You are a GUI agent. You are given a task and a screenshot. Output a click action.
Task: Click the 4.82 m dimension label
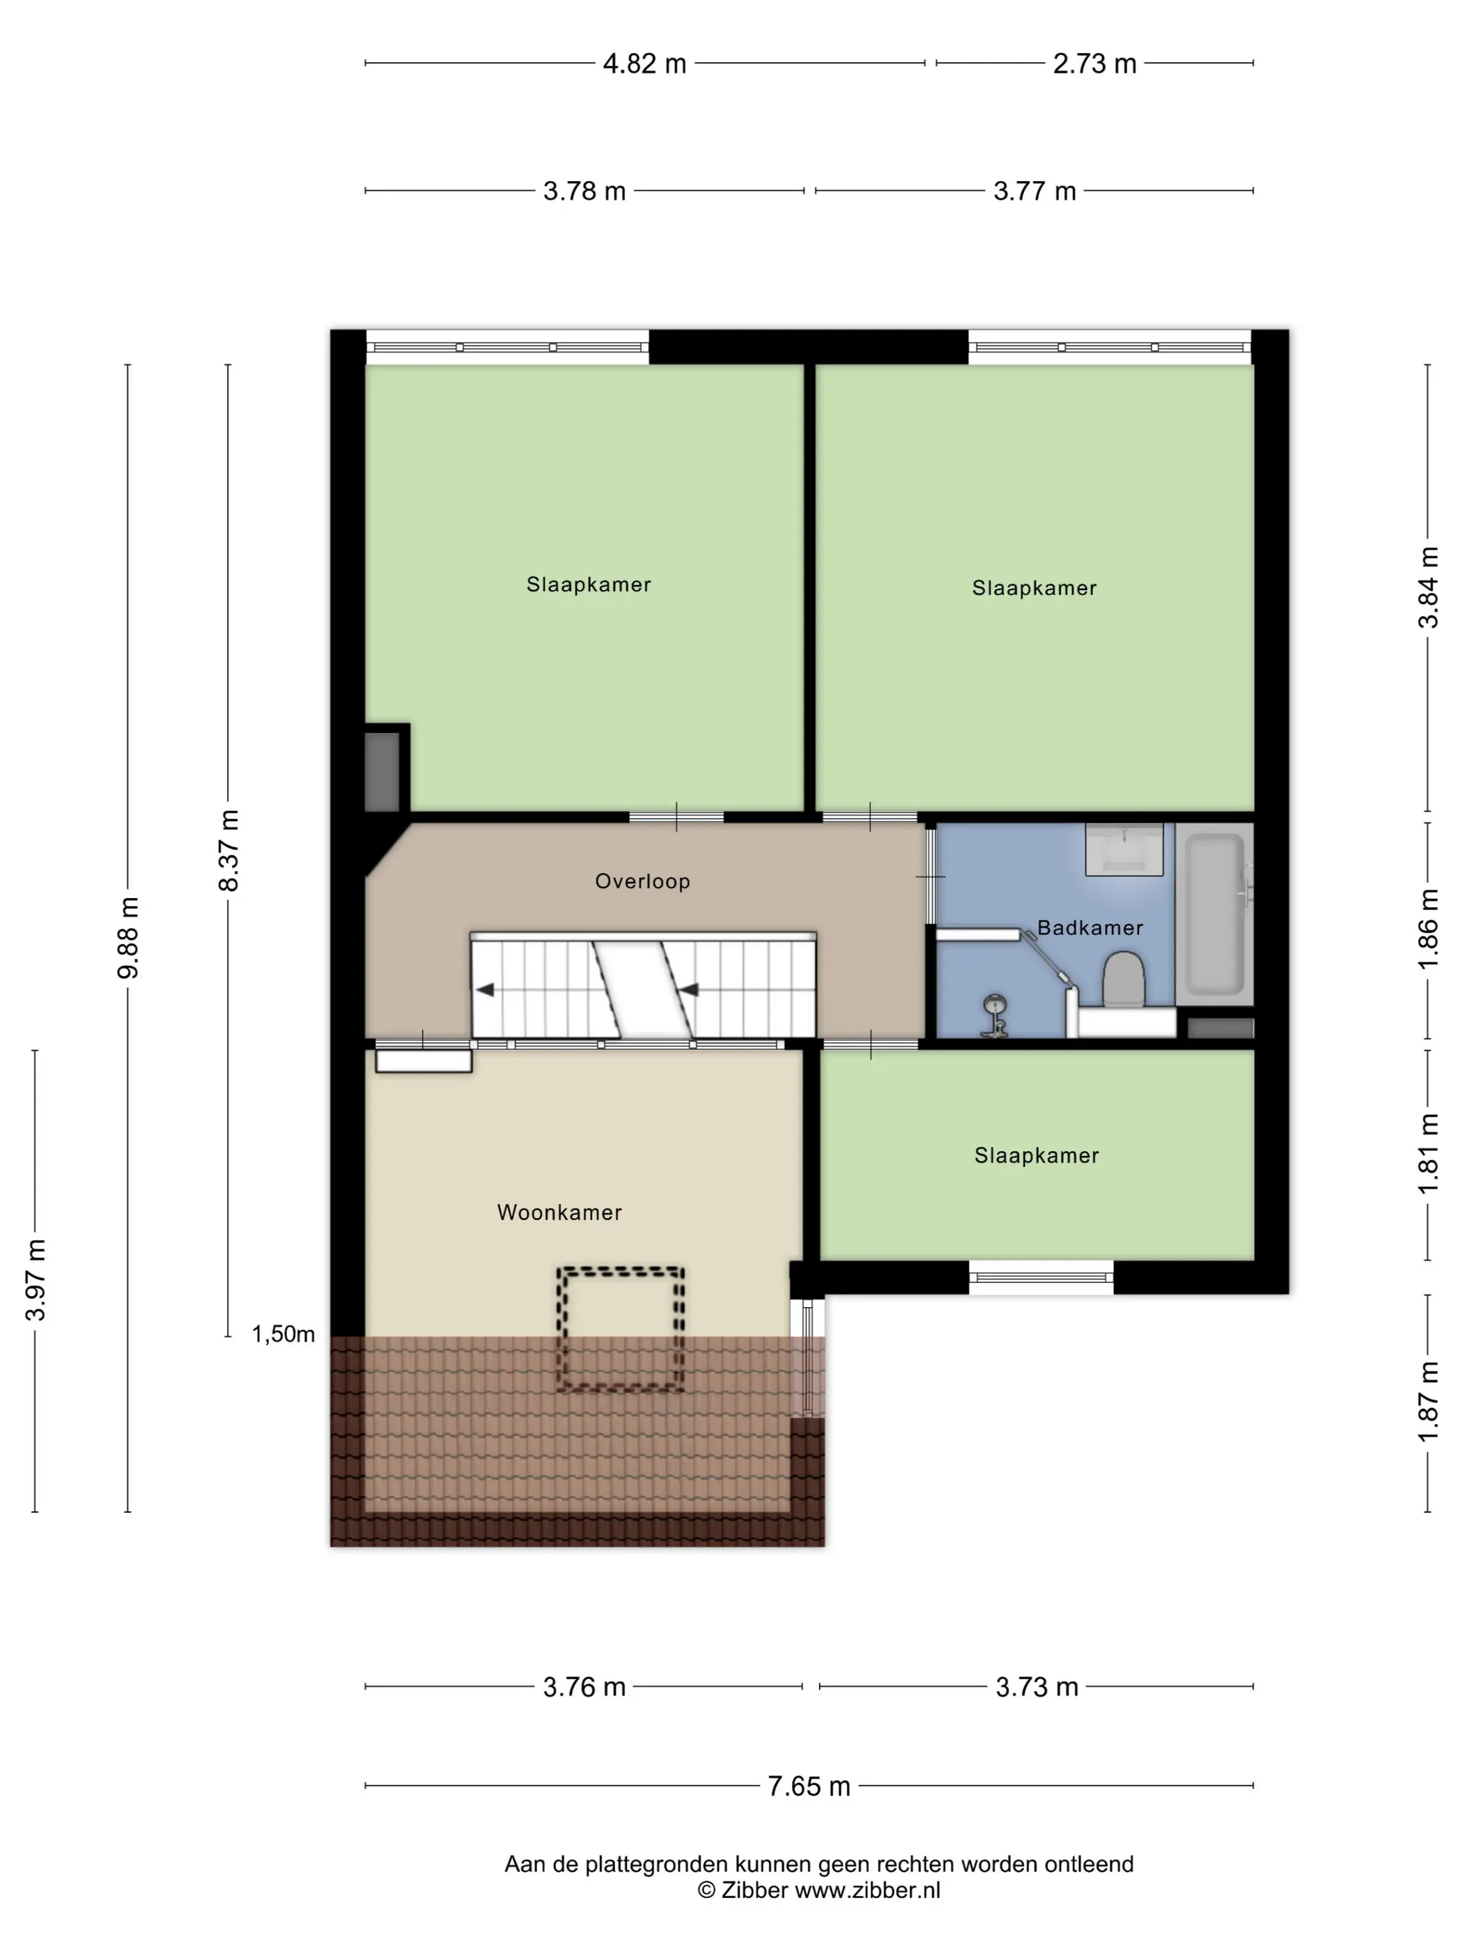click(x=644, y=63)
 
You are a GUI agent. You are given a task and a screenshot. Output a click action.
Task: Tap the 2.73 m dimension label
click(x=1094, y=63)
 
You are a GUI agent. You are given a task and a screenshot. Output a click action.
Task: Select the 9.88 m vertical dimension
click(x=128, y=938)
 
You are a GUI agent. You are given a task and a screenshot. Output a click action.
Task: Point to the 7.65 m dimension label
click(x=809, y=1786)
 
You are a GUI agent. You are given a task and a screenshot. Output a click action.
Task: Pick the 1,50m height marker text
click(x=283, y=1334)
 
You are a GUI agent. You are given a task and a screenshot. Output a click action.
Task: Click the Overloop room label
click(x=642, y=881)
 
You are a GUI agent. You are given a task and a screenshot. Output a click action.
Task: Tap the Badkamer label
click(x=1090, y=928)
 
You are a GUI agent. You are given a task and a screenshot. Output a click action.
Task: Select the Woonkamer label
click(x=559, y=1213)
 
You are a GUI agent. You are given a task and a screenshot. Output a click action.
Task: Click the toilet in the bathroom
click(x=1124, y=979)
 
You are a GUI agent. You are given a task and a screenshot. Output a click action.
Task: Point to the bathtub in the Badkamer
click(x=1214, y=913)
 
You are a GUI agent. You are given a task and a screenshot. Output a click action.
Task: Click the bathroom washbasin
click(x=1124, y=849)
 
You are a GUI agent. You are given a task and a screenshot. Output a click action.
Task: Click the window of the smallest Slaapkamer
click(x=1042, y=1277)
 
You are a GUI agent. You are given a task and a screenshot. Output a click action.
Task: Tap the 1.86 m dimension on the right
click(x=1427, y=930)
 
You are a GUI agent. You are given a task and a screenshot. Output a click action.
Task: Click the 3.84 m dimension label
click(x=1427, y=587)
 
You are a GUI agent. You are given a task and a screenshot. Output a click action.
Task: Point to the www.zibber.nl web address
click(x=868, y=1890)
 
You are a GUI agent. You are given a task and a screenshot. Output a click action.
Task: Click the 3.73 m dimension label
click(x=1037, y=1688)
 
